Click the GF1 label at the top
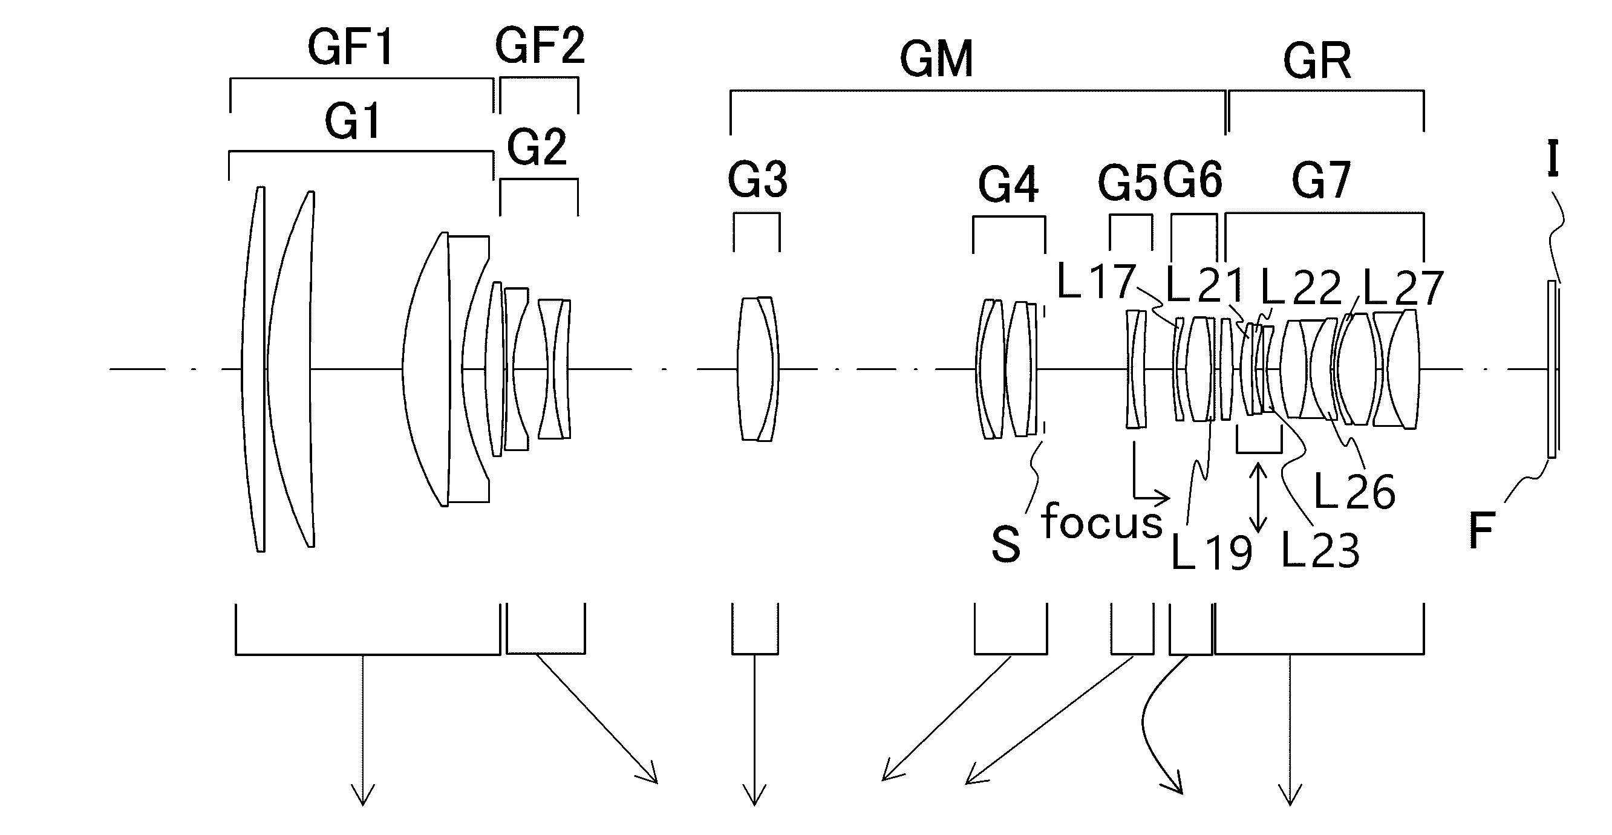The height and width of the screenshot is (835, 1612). coord(350,48)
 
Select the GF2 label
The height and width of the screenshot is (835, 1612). coord(540,46)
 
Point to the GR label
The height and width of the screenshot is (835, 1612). coord(1317,61)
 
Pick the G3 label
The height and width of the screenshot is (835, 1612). coord(757,179)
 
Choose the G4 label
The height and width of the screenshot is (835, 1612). coord(1008,184)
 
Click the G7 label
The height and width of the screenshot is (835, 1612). coord(1321,180)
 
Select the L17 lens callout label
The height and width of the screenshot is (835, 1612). coord(1095,281)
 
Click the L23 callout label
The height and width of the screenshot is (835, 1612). coord(1320,550)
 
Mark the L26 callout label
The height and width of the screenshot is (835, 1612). coord(1354,491)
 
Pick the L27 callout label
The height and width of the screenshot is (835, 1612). coord(1403,288)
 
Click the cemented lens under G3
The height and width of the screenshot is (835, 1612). coord(758,368)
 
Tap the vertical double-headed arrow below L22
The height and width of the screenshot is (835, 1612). coord(1258,497)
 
